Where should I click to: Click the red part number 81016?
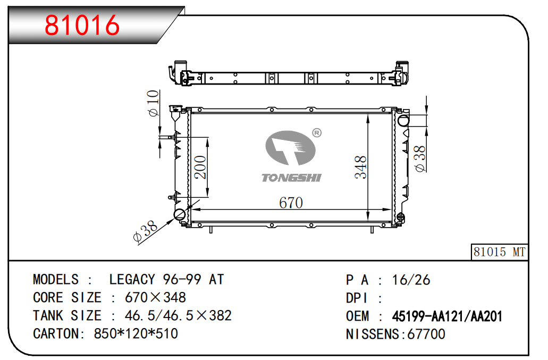[x=82, y=25]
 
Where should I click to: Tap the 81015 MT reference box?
[x=499, y=252]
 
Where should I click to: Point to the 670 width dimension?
[x=291, y=203]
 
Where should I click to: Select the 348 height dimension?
[x=361, y=168]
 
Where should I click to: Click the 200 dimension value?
[x=200, y=167]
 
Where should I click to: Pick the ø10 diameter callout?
[x=153, y=103]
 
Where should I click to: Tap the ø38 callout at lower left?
[x=146, y=231]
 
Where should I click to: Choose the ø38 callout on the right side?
[x=420, y=159]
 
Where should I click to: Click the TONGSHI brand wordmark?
[x=291, y=178]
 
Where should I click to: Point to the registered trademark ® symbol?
[x=317, y=133]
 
